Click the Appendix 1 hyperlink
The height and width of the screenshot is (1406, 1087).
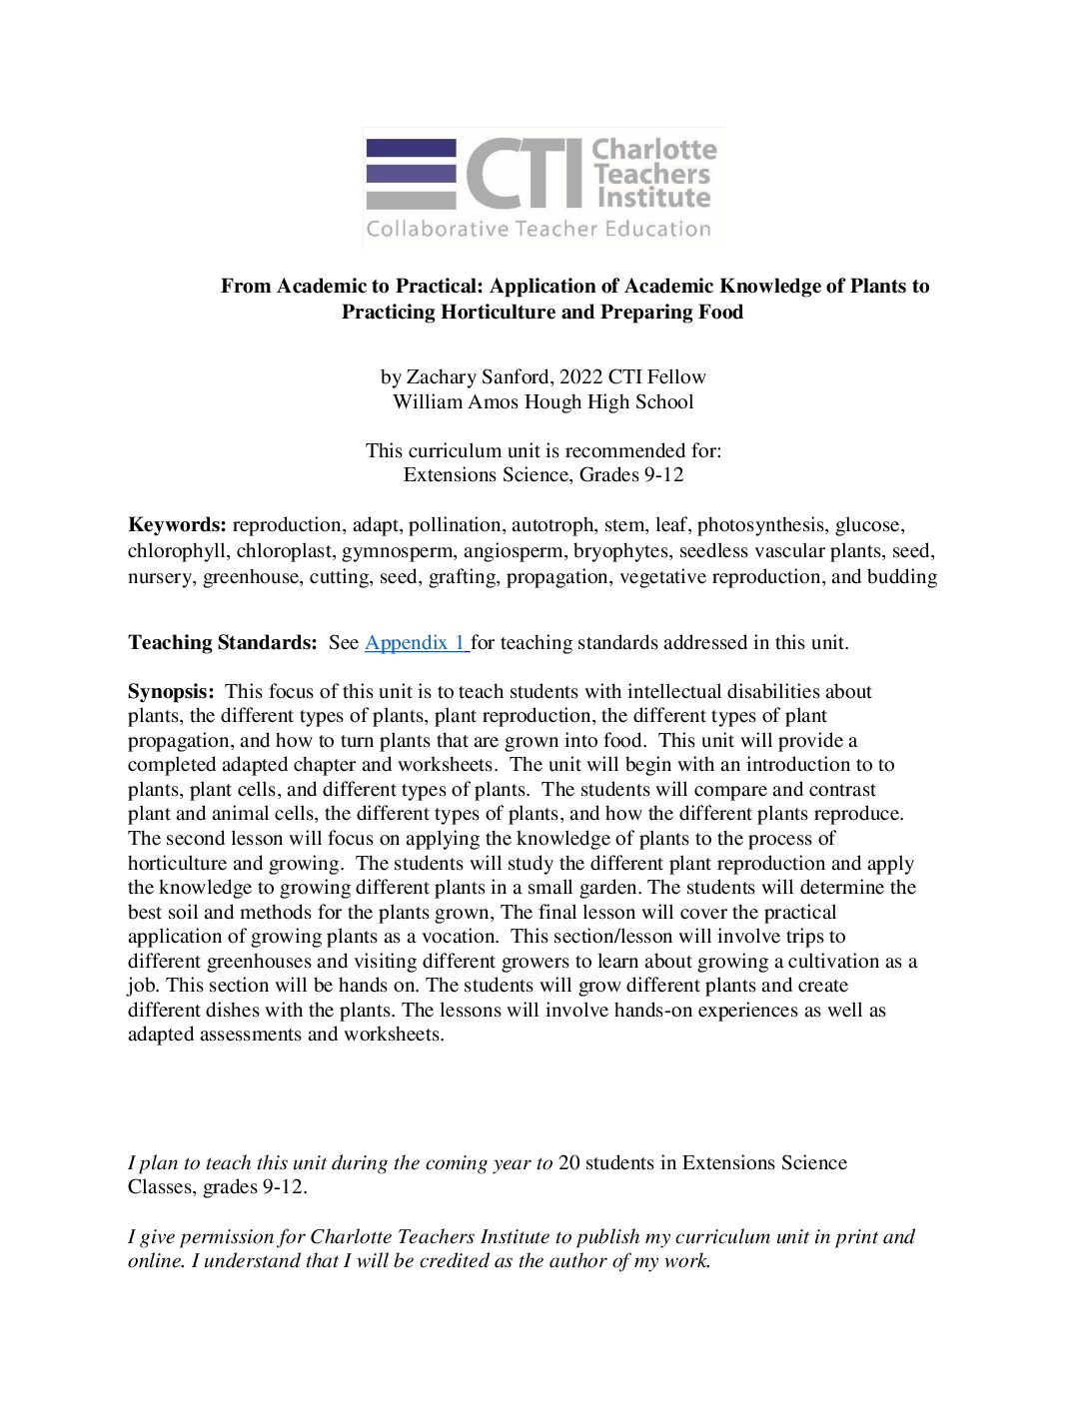click(416, 643)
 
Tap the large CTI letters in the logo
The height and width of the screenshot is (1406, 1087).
click(524, 174)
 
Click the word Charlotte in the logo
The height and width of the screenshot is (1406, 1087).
click(654, 150)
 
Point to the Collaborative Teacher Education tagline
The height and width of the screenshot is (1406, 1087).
click(539, 230)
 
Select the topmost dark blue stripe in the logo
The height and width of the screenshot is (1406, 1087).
click(411, 147)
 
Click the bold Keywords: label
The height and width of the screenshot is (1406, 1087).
click(177, 525)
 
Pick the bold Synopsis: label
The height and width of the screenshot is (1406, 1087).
click(171, 692)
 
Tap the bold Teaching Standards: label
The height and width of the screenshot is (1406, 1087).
click(222, 643)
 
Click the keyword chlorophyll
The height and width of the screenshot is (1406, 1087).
click(177, 551)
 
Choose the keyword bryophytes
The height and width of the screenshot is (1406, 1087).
click(622, 551)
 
